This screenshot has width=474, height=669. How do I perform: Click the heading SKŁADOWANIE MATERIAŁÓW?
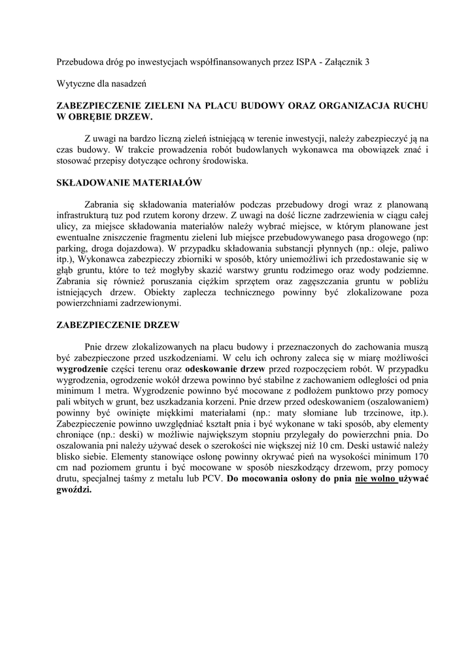click(x=129, y=183)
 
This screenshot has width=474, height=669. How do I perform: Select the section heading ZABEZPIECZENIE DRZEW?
click(x=118, y=325)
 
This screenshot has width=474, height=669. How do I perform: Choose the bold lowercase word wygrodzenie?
click(x=87, y=368)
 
